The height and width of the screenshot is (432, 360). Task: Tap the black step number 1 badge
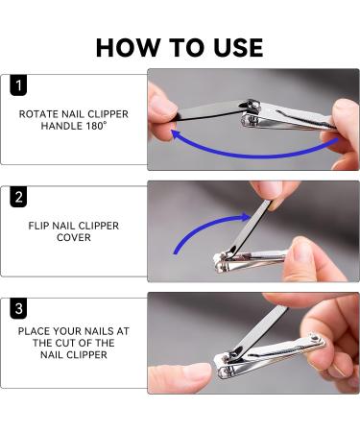coord(18,85)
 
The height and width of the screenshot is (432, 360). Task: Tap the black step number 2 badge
coord(18,197)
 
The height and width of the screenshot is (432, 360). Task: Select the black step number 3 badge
coord(18,308)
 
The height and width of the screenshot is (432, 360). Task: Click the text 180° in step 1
coord(96,126)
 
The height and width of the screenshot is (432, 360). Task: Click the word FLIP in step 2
coord(38,226)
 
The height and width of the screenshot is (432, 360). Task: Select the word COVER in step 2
coord(74,237)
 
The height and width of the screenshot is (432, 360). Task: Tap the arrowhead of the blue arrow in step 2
coord(246,217)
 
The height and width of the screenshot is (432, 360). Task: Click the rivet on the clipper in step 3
coord(315,338)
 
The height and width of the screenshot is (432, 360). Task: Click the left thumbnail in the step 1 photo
coord(164,107)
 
